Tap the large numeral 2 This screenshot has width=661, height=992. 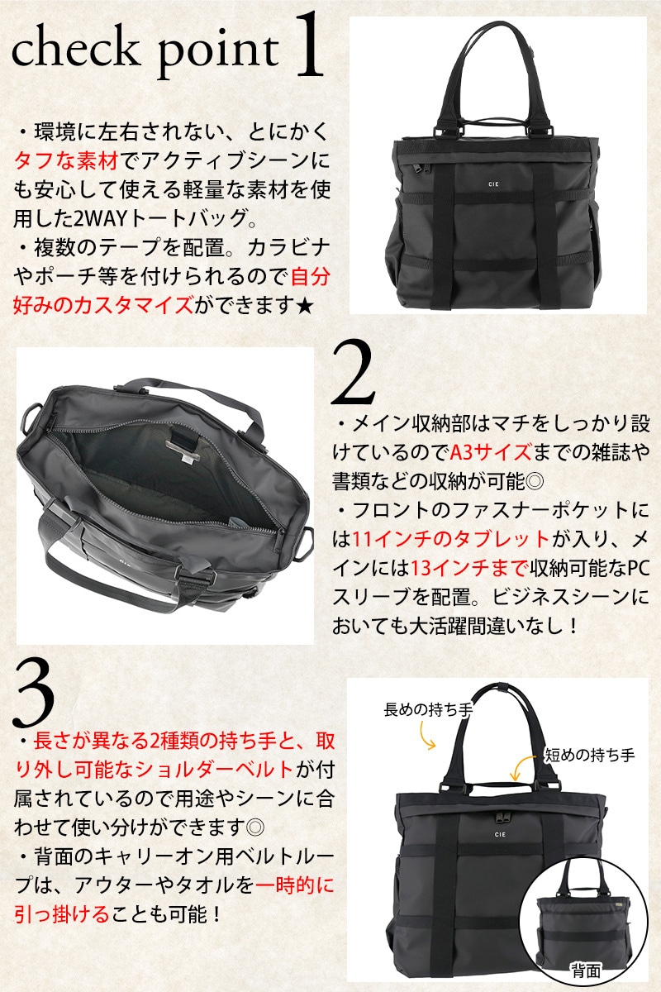[353, 373]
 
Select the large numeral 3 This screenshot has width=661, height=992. [34, 692]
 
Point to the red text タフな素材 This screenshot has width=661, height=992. [66, 160]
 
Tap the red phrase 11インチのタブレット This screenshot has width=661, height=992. [450, 539]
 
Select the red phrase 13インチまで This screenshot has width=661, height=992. [469, 568]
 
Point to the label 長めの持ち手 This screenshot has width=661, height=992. [428, 709]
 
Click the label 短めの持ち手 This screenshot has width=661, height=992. [590, 755]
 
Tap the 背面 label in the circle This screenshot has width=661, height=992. [586, 971]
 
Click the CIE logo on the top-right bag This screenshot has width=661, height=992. [493, 184]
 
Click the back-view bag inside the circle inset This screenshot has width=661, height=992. [584, 909]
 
